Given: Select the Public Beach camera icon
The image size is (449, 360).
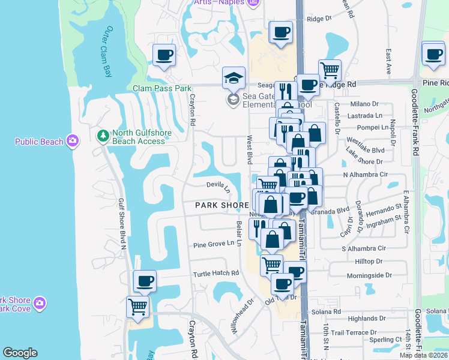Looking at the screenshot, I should [72, 142].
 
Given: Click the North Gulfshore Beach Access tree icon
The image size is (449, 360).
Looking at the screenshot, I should [103, 136].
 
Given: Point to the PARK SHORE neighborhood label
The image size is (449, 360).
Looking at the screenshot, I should [221, 205].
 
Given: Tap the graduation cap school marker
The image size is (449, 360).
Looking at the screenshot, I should [234, 78].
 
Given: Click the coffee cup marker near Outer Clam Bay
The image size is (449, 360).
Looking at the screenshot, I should [164, 56].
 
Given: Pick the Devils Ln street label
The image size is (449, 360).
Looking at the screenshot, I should [218, 187].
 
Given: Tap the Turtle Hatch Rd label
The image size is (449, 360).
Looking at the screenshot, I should [215, 274].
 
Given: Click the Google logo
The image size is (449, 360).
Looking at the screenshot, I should [20, 353].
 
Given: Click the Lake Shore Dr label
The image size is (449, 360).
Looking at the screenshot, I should [364, 161].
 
